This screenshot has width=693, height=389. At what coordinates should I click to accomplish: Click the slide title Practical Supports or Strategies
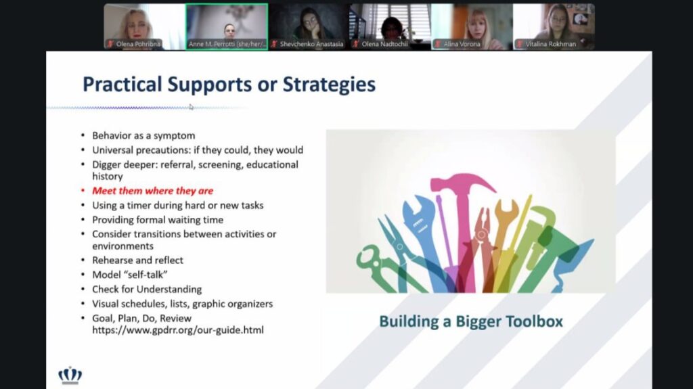pos(229,85)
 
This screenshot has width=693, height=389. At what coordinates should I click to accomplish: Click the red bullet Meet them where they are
pos(152,191)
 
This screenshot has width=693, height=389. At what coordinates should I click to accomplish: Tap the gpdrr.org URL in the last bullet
pos(178,330)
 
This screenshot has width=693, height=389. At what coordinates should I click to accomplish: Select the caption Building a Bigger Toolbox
pos(471,321)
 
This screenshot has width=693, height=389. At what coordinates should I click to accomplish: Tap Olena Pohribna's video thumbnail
pos(145,26)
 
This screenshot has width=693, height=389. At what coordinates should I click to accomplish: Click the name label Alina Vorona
pos(462,44)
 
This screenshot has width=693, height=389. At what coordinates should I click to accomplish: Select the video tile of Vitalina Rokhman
pos(554,26)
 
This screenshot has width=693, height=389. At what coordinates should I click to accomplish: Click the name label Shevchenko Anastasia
pos(311,44)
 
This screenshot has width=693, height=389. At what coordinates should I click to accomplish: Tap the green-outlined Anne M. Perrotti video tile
pos(227,26)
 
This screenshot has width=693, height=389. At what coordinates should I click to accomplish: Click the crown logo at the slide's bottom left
pos(70,375)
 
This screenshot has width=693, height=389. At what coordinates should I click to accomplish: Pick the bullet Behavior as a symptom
pos(143,136)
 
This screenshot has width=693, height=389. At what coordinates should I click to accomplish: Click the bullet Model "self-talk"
pos(129,275)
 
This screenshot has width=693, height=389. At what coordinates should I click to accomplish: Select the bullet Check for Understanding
pos(147,290)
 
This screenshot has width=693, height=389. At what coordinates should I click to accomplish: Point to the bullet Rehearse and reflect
pos(137,260)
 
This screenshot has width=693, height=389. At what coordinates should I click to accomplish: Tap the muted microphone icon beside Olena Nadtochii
pos(355,44)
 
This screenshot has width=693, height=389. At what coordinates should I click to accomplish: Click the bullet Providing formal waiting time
pos(158,220)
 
